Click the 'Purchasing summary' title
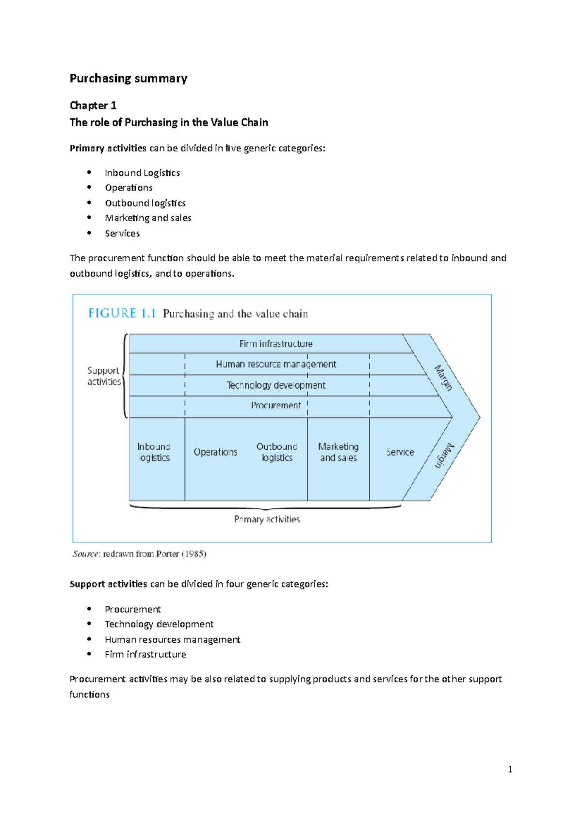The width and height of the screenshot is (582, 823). click(129, 79)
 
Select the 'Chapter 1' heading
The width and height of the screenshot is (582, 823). click(93, 106)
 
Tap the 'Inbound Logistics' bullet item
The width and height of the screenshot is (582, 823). click(142, 173)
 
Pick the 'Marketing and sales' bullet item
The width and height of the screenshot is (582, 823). click(148, 218)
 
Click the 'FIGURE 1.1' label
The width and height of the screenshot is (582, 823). click(122, 314)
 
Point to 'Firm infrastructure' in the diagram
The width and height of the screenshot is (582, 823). click(276, 344)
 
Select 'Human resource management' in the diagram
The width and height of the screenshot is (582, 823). click(276, 364)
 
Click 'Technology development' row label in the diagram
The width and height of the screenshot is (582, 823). click(276, 385)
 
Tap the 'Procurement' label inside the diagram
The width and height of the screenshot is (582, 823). click(276, 405)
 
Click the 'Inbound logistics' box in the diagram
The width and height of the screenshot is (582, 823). click(154, 452)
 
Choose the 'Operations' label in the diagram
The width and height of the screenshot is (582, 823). click(215, 452)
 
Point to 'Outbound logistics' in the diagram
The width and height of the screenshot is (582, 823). click(277, 452)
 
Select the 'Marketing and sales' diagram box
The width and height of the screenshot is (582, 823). click(339, 452)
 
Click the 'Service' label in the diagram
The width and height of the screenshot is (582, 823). click(400, 452)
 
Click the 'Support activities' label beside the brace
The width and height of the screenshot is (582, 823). click(104, 376)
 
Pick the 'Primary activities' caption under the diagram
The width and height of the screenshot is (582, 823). click(267, 520)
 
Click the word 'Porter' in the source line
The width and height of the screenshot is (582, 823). click(168, 554)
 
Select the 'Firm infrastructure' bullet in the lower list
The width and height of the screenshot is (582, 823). click(145, 654)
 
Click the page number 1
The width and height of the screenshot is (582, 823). click(510, 769)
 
